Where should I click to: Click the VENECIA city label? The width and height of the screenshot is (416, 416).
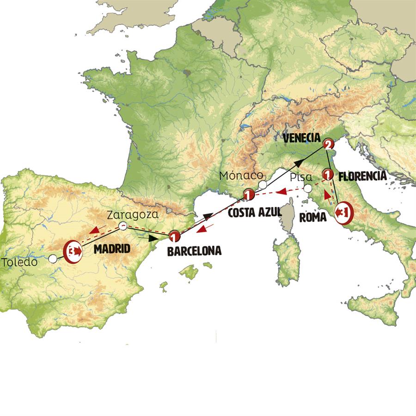pos(301,138)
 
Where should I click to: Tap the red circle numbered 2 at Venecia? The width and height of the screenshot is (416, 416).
pos(328,145)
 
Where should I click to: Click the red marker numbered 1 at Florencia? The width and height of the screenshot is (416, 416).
pos(328,175)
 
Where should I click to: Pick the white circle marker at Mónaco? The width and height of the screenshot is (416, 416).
pos(263,185)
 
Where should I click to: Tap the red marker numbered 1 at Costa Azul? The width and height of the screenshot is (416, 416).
pos(249,196)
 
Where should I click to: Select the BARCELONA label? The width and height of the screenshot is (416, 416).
pos(194,251)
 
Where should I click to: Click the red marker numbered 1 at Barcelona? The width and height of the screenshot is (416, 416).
pos(174,237)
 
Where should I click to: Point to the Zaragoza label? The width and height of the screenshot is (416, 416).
pos(133,214)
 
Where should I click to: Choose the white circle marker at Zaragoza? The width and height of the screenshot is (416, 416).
pos(123,226)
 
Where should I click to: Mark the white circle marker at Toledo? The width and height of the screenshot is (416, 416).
pos(54,259)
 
